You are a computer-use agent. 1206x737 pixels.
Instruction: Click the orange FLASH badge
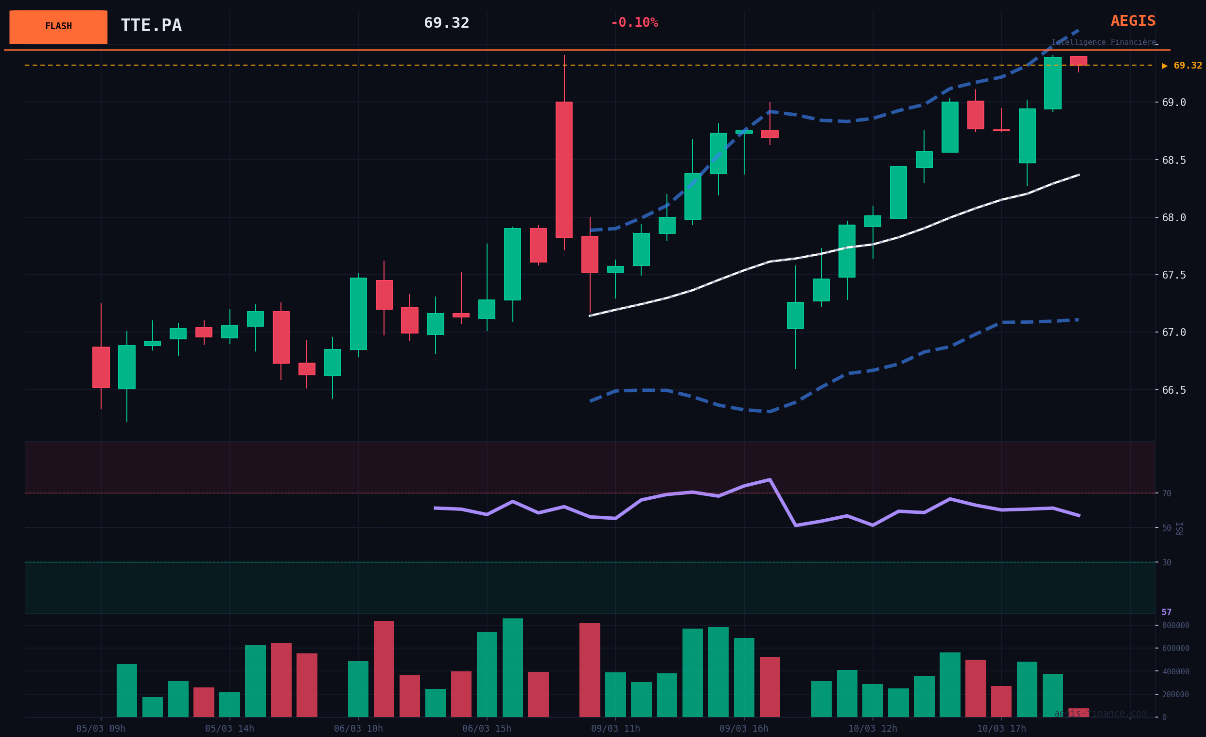click(x=58, y=27)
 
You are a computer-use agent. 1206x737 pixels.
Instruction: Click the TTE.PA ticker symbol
click(x=151, y=25)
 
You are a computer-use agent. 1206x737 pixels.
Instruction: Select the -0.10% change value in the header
click(x=634, y=23)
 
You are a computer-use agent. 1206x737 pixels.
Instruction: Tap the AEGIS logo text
click(x=1133, y=21)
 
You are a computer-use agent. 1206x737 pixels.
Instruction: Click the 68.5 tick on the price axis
click(x=1174, y=160)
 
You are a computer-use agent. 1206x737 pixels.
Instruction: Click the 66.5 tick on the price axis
click(x=1174, y=390)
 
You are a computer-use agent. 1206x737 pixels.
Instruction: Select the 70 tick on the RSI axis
click(x=1167, y=493)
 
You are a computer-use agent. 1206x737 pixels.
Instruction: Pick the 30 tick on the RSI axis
click(x=1167, y=562)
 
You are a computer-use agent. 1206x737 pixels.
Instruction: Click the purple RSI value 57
click(x=1166, y=612)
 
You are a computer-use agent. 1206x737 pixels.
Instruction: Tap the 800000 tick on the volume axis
click(x=1175, y=625)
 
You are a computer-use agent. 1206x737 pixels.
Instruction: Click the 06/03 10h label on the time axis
click(x=358, y=729)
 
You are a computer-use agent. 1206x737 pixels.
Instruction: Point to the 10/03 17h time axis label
click(x=1001, y=729)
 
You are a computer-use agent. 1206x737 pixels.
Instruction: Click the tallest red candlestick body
click(x=564, y=170)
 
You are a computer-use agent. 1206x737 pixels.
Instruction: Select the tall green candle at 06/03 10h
click(x=358, y=314)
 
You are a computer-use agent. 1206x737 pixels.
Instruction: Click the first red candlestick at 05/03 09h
click(x=101, y=367)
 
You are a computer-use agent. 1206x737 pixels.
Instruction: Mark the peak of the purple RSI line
click(x=769, y=479)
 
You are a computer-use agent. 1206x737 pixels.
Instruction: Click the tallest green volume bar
click(x=512, y=667)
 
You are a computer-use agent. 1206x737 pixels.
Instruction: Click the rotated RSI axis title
click(x=1180, y=528)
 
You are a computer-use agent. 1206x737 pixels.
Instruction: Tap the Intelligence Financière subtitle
click(x=1103, y=43)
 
